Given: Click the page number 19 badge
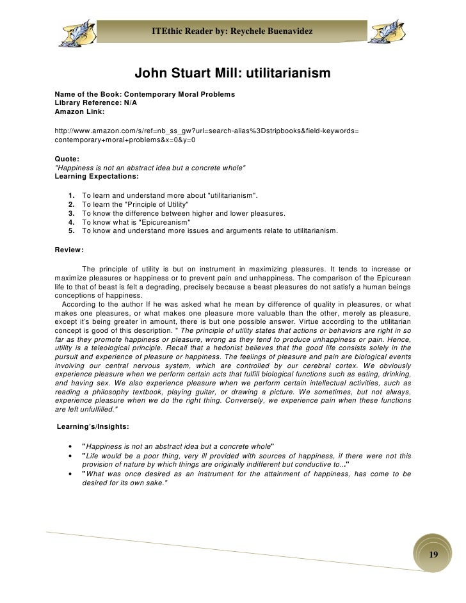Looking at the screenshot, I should pos(433,554).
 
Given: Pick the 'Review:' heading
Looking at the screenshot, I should pos(69,250).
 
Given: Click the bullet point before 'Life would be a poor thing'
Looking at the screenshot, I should pos(69,455).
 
